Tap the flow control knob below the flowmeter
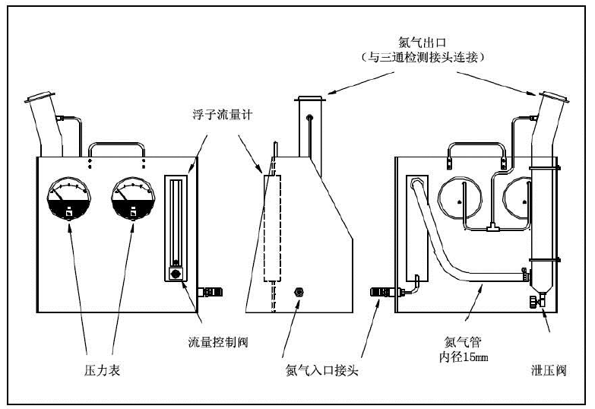(x=176, y=272)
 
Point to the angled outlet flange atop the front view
(x=39, y=100)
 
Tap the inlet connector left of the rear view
(x=379, y=291)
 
